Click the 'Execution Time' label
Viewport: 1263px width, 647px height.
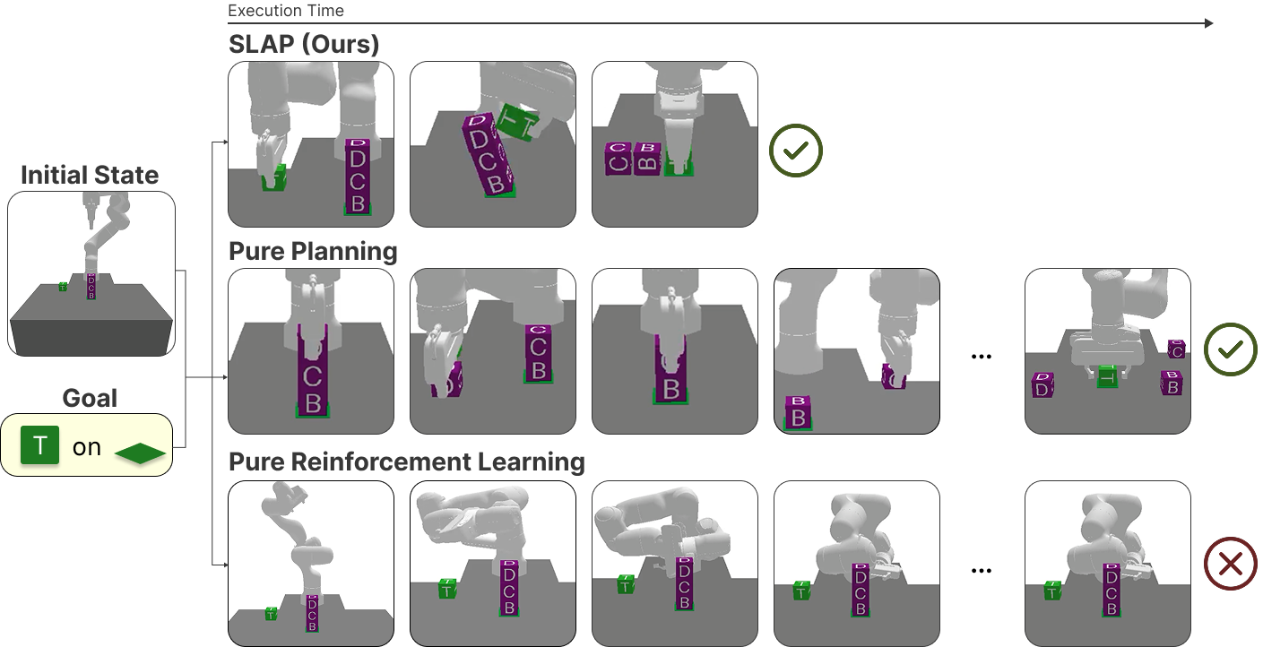(x=286, y=11)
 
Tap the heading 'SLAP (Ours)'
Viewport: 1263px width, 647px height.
(x=304, y=44)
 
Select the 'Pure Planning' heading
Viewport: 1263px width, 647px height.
(x=313, y=251)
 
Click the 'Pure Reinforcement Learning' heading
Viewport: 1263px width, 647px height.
(x=407, y=462)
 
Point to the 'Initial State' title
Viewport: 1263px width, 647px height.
(x=90, y=175)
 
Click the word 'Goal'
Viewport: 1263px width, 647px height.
(x=90, y=398)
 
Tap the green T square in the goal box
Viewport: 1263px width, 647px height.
(x=39, y=445)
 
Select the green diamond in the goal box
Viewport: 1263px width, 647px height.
(x=140, y=453)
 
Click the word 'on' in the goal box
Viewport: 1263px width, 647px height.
(x=87, y=447)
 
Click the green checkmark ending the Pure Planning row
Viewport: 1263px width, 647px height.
(x=1230, y=349)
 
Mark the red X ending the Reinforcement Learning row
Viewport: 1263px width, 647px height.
(x=1230, y=564)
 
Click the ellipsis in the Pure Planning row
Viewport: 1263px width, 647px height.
(x=982, y=358)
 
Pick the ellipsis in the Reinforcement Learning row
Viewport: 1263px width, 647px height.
(x=982, y=570)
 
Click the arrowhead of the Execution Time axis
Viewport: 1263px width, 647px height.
(x=1208, y=23)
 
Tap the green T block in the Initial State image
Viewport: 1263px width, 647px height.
(x=63, y=287)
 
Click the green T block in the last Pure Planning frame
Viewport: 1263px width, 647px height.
(x=1108, y=376)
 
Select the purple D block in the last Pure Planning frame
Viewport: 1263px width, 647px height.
(x=1042, y=385)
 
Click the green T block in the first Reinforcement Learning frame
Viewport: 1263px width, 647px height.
(x=271, y=614)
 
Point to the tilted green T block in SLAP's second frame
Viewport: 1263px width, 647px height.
(x=518, y=123)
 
